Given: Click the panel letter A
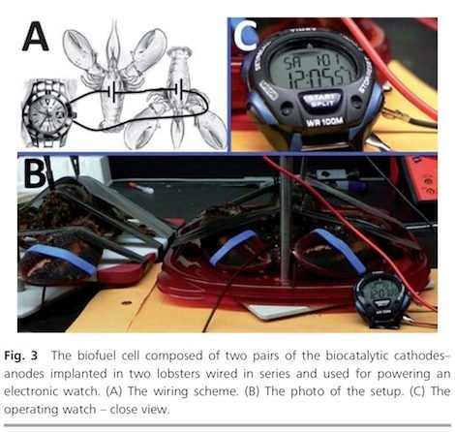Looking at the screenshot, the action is coord(36,36).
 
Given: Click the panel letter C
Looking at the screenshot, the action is coord(246,35).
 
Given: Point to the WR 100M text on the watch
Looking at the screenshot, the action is coord(324,122).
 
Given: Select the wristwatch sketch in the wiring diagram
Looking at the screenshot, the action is coord(48,113).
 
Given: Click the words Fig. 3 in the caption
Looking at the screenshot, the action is coord(20,356).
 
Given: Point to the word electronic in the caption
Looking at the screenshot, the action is coord(31,391).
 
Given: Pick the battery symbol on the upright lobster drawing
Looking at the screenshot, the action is coord(112,92).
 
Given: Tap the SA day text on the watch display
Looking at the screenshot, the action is coord(291,62).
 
